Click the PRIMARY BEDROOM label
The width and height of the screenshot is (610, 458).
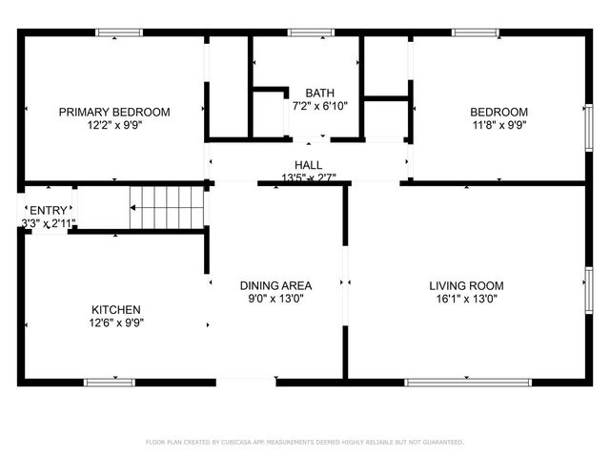[x=114, y=112]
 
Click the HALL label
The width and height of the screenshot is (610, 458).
[x=308, y=165]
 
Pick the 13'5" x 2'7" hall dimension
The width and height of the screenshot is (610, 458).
[x=308, y=177]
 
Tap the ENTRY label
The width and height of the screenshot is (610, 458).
[x=48, y=210]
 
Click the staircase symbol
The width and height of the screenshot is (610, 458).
[x=168, y=207]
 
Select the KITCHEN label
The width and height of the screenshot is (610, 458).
[x=116, y=309]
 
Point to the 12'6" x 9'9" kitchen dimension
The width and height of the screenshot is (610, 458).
[x=116, y=323]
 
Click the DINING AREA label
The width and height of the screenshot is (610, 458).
[x=275, y=285]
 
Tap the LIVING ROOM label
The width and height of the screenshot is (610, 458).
[x=466, y=285]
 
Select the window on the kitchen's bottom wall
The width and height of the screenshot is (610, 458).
[x=109, y=383]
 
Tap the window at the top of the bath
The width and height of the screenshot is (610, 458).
[x=305, y=32]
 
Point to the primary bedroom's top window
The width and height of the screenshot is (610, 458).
[x=120, y=32]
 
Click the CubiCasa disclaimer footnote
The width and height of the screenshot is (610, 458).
[x=304, y=442]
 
